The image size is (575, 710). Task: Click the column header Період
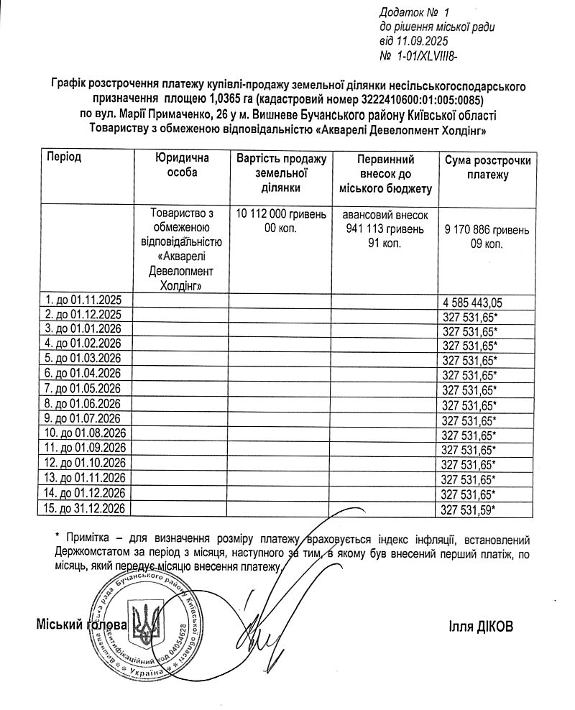[65, 157]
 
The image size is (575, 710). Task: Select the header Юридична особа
[182, 165]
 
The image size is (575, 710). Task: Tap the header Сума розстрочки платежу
[487, 167]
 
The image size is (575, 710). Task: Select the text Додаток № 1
[413, 12]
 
